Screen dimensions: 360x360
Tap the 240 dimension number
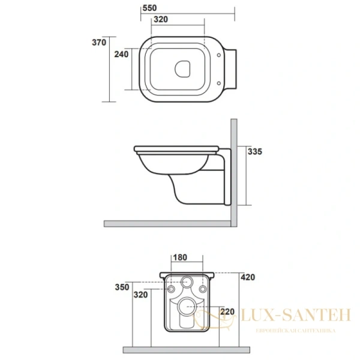(x=122, y=55)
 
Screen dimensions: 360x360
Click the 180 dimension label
(x=180, y=258)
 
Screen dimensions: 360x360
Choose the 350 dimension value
(x=122, y=287)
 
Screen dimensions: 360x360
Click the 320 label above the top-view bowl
(x=160, y=19)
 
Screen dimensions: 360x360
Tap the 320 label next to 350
(x=140, y=295)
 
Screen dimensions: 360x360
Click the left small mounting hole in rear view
(x=173, y=290)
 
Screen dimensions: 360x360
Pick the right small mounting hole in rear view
(x=202, y=290)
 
